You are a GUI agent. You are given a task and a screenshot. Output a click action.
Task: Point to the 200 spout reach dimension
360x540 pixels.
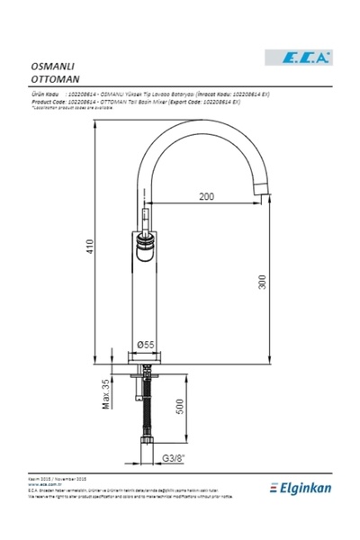207,195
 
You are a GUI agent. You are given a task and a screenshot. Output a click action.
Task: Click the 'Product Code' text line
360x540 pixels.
135,102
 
